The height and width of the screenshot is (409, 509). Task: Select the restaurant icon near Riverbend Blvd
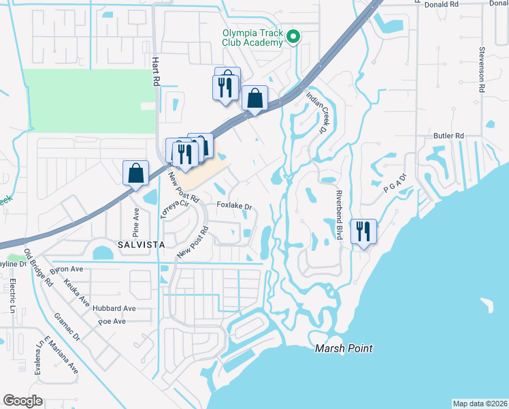pos(364,232)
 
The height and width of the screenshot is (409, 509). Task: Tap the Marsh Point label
pos(344,348)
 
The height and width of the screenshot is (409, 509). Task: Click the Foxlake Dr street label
pos(235,205)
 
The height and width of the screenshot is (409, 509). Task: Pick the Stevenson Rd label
pos(480,69)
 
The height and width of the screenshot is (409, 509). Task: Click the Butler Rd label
pos(448,136)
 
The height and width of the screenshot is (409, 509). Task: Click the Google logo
pos(22,400)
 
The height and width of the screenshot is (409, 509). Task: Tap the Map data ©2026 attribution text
pos(480,403)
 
